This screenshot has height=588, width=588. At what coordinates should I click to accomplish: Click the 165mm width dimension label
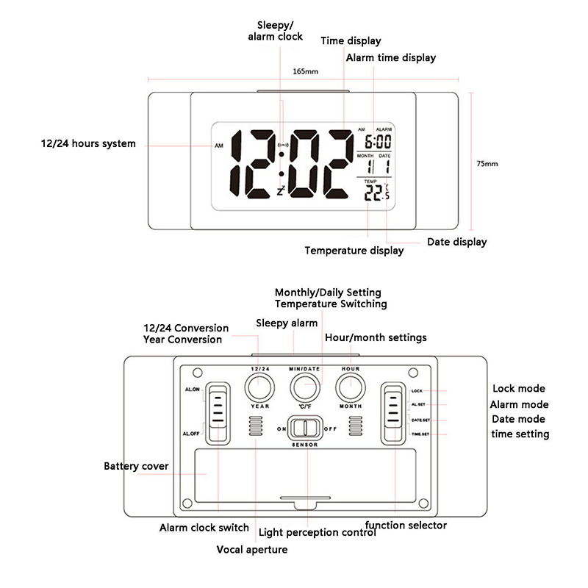[305, 71]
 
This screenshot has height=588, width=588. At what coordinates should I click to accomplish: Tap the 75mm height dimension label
[487, 163]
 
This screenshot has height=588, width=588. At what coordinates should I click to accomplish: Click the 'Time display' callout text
[351, 41]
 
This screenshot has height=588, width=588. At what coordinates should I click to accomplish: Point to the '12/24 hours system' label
[88, 143]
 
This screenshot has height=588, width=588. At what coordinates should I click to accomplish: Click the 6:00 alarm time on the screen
[378, 142]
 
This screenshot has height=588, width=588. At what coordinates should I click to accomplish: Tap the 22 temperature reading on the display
[374, 192]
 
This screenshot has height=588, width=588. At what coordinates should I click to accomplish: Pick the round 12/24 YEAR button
[259, 387]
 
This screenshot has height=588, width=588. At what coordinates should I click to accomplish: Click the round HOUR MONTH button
[351, 387]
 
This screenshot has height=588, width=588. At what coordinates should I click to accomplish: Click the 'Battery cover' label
[136, 466]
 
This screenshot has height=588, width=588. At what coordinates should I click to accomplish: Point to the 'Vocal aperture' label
[252, 549]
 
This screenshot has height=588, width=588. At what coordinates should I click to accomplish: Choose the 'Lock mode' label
[518, 389]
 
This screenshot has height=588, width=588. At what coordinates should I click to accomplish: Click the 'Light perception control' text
[318, 532]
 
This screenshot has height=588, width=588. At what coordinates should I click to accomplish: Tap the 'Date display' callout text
[456, 241]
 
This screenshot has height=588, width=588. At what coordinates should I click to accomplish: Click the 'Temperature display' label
[354, 251]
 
